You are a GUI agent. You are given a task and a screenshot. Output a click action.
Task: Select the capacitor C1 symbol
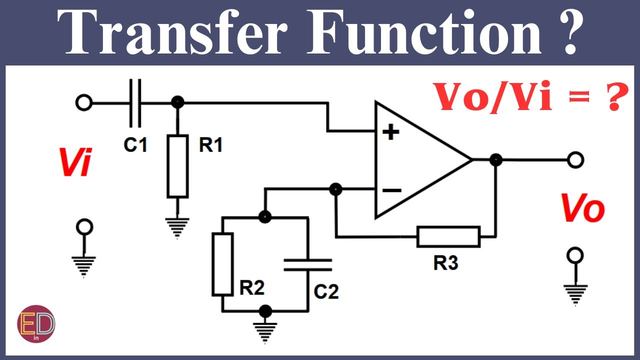point(135,103)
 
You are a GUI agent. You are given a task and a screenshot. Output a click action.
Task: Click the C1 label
point(135,144)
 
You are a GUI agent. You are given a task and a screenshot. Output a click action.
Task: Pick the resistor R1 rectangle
point(177,166)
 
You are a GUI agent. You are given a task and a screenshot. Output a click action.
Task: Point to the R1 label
point(210,144)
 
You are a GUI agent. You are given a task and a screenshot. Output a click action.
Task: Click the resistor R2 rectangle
point(222,264)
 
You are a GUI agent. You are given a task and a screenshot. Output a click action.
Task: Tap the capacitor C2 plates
point(307,265)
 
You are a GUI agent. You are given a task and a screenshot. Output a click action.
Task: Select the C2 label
point(326,291)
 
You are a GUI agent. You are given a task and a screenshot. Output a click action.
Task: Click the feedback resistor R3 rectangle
point(448,236)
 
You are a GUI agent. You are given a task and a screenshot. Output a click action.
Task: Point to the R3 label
point(445,262)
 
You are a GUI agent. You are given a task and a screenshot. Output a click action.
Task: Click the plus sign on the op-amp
point(391,132)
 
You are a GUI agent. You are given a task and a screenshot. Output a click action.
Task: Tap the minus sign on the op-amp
point(392,190)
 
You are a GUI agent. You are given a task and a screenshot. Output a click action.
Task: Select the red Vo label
point(583,207)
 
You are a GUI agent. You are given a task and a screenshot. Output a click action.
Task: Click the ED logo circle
point(36,323)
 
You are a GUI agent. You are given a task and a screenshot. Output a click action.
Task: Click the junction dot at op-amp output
point(495,159)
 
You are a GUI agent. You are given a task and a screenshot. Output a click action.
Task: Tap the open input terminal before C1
point(83,102)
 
